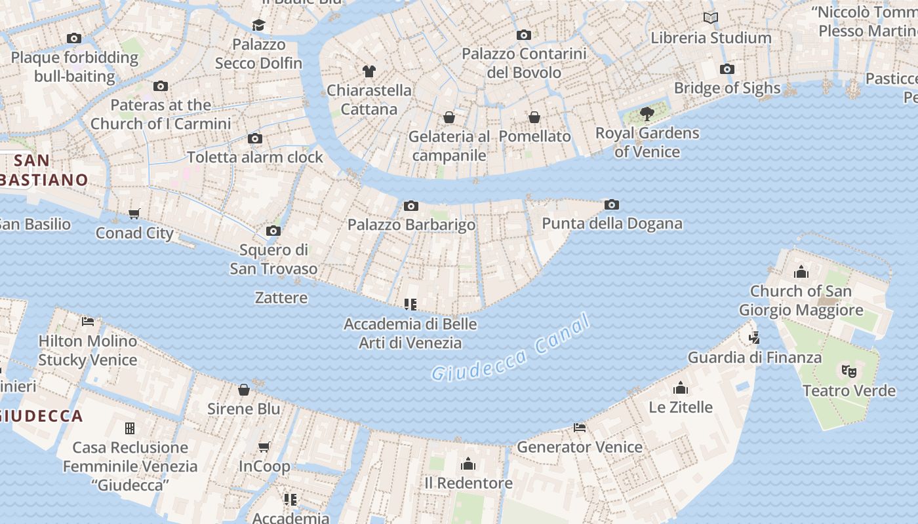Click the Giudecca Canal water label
pyautogui.click(x=511, y=348)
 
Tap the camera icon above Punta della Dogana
pyautogui.click(x=611, y=205)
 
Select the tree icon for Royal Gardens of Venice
pyautogui.click(x=647, y=114)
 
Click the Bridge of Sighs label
pyautogui.click(x=727, y=88)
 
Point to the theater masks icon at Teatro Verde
pyautogui.click(x=848, y=371)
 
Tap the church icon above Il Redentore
pyautogui.click(x=468, y=464)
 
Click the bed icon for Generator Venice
pyautogui.click(x=580, y=428)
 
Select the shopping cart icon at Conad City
pyautogui.click(x=134, y=214)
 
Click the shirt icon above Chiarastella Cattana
pyautogui.click(x=369, y=71)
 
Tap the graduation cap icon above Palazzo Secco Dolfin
pyautogui.click(x=258, y=25)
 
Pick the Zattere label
pyautogui.click(x=281, y=297)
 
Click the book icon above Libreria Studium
pyautogui.click(x=710, y=18)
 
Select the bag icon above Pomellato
pyautogui.click(x=534, y=117)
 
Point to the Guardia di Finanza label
pyautogui.click(x=754, y=358)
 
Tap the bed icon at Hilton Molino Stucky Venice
pyautogui.click(x=88, y=321)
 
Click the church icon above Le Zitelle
pyautogui.click(x=681, y=388)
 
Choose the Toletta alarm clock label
pyautogui.click(x=255, y=157)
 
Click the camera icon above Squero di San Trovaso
pyautogui.click(x=273, y=231)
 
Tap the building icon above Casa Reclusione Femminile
pyautogui.click(x=130, y=428)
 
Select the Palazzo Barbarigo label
pyautogui.click(x=411, y=225)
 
